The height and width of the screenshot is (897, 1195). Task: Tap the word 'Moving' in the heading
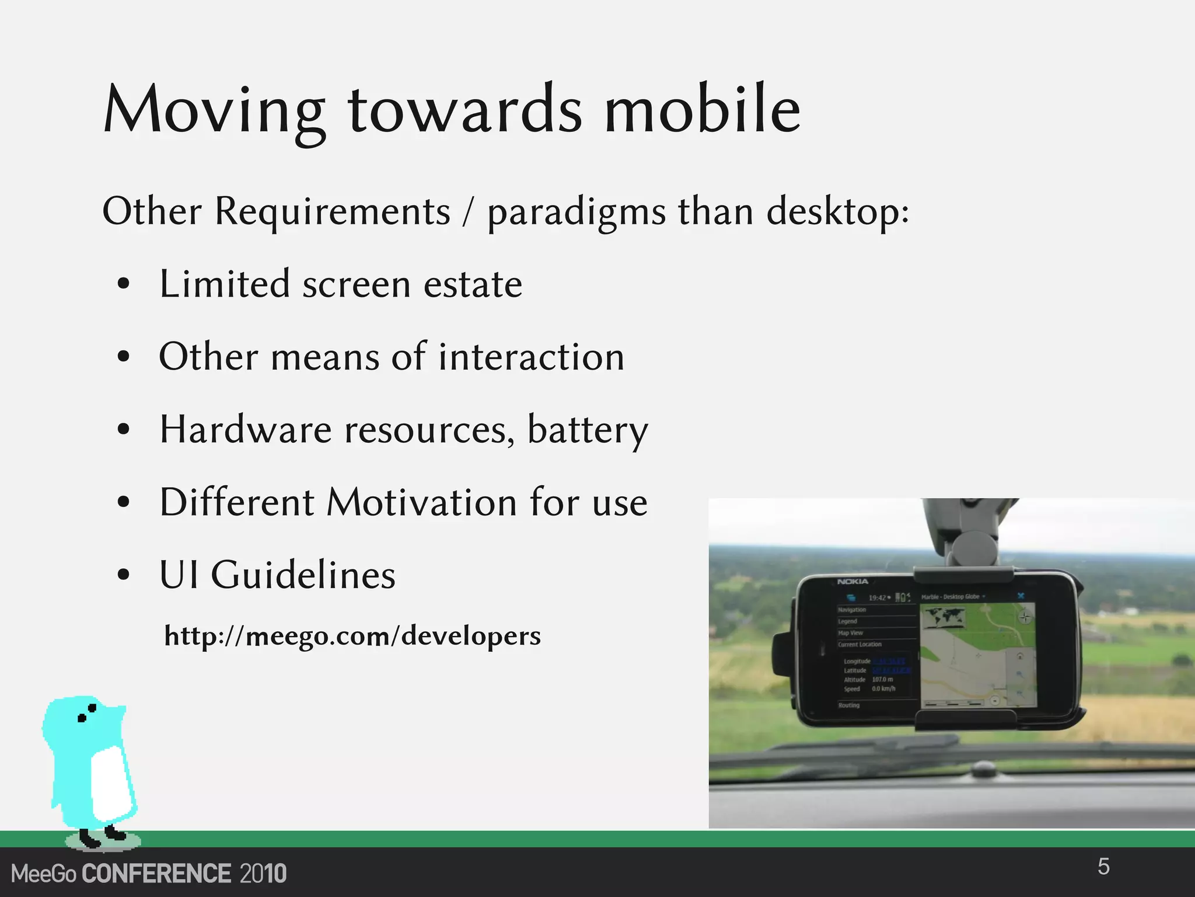pyautogui.click(x=214, y=111)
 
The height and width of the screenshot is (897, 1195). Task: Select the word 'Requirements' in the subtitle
pyautogui.click(x=333, y=211)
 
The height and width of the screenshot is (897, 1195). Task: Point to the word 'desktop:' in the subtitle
pyautogui.click(x=837, y=211)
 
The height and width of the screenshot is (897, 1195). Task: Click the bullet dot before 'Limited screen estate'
pyautogui.click(x=123, y=284)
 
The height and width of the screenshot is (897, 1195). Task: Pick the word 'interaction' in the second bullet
pyautogui.click(x=531, y=357)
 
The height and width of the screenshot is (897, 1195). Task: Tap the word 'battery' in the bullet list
pyautogui.click(x=588, y=430)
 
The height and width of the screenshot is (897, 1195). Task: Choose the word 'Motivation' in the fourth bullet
pyautogui.click(x=421, y=502)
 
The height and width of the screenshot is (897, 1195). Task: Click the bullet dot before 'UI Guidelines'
pyautogui.click(x=123, y=575)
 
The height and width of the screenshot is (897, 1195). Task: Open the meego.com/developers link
pyautogui.click(x=352, y=635)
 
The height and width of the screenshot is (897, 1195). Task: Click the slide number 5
pyautogui.click(x=1103, y=867)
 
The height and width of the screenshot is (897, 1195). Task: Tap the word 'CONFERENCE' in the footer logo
pyautogui.click(x=156, y=874)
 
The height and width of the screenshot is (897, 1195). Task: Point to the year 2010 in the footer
pyautogui.click(x=263, y=874)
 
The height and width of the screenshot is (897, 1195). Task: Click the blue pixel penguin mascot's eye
pyautogui.click(x=92, y=708)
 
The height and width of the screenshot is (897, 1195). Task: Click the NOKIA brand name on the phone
pyautogui.click(x=852, y=582)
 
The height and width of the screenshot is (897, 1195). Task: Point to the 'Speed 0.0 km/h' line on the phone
pyautogui.click(x=869, y=689)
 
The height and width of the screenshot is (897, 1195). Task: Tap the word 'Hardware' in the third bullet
pyautogui.click(x=246, y=430)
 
